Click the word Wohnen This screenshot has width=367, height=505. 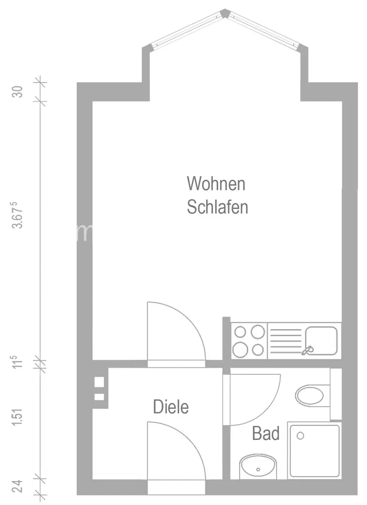[216, 184]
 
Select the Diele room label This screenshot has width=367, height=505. [171, 407]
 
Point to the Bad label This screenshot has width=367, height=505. [266, 433]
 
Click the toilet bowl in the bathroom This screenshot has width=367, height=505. [309, 396]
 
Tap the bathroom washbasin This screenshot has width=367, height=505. [258, 466]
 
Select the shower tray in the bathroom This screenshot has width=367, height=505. [314, 450]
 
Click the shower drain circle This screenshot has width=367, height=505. [300, 436]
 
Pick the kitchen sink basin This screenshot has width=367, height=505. [321, 340]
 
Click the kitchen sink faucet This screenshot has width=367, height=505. [307, 350]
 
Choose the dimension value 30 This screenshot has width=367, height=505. [17, 92]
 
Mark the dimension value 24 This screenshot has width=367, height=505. [18, 486]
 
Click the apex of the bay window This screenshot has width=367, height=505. [225, 11]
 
